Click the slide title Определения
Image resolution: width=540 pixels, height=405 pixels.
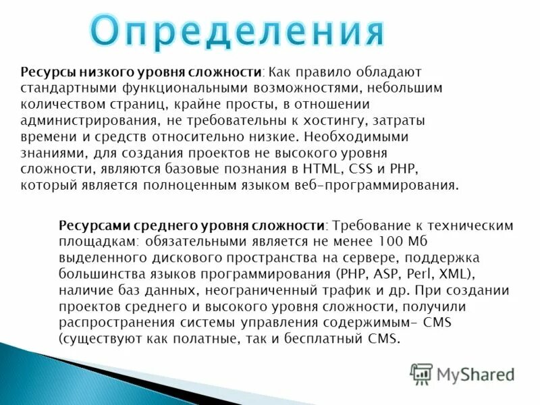[238, 30]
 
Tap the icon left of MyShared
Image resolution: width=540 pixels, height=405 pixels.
[421, 373]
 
